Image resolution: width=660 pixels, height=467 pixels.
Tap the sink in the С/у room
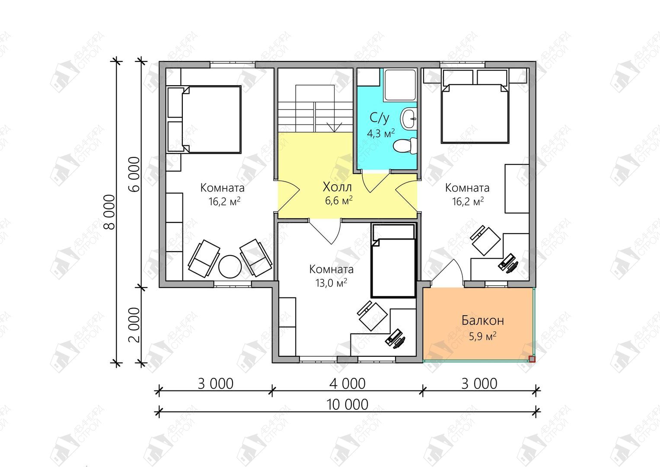tap(408, 119)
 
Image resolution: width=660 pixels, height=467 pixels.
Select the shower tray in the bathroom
tap(400, 85)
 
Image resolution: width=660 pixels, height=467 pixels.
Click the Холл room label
tap(338, 187)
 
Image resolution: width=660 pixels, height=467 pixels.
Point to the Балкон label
tap(483, 320)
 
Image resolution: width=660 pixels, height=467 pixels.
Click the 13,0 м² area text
tap(331, 283)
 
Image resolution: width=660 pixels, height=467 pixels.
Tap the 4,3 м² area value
tap(381, 133)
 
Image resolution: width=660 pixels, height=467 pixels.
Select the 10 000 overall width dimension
tap(348, 404)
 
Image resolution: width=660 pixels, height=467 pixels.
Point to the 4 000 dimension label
tap(348, 384)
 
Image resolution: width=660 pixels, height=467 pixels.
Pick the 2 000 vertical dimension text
tap(134, 325)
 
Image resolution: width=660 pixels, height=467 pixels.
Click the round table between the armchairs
tap(230, 266)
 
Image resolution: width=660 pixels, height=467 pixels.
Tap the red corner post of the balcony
tap(532, 359)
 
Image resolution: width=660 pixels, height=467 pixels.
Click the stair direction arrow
tap(335, 127)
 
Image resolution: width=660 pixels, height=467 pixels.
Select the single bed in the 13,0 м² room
tap(394, 261)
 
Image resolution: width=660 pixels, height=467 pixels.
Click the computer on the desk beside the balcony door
tap(508, 263)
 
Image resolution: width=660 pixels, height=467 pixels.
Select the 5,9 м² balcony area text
tap(483, 336)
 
